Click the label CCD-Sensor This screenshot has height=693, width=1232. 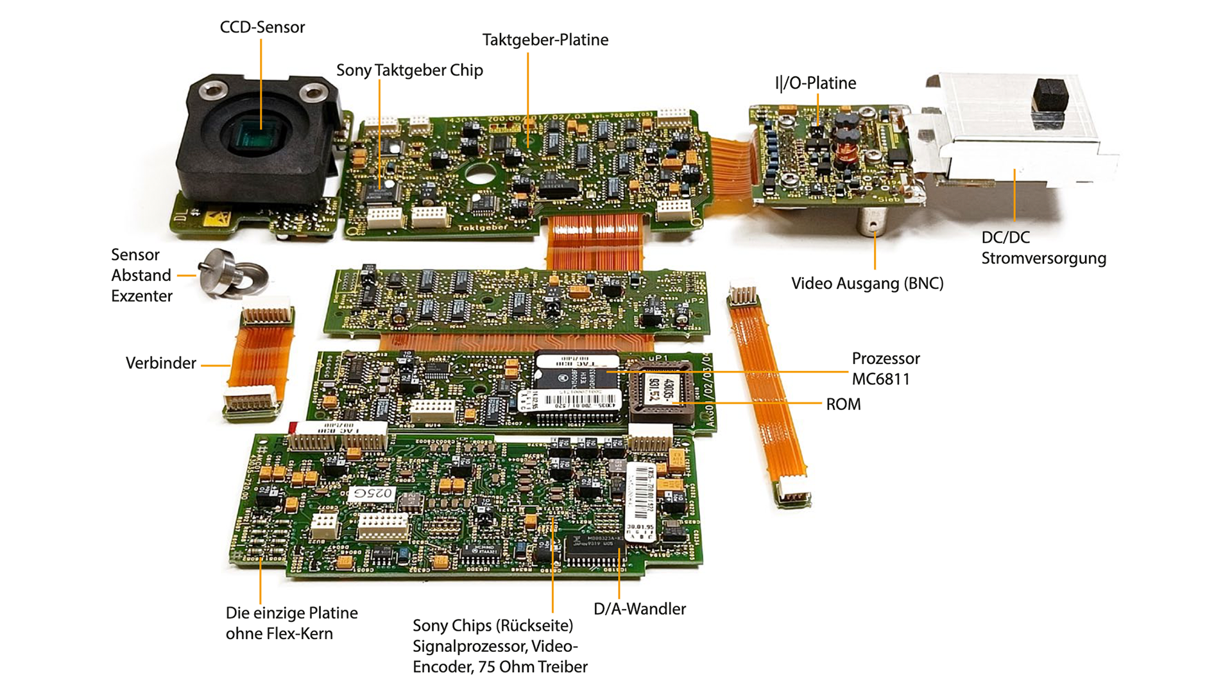tap(262, 27)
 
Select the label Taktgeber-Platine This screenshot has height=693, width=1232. tap(545, 40)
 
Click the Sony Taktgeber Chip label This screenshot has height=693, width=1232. tap(409, 70)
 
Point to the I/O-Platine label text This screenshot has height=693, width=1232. tap(815, 83)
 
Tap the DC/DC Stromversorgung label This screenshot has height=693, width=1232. tap(1043, 248)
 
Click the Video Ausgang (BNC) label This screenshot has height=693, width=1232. tap(867, 283)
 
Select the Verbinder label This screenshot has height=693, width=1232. tap(160, 363)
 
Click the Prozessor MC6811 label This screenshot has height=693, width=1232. tap(886, 368)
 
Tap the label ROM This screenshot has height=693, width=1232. tap(843, 404)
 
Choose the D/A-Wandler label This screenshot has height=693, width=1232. tap(639, 609)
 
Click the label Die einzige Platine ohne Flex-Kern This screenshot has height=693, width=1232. tap(291, 623)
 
